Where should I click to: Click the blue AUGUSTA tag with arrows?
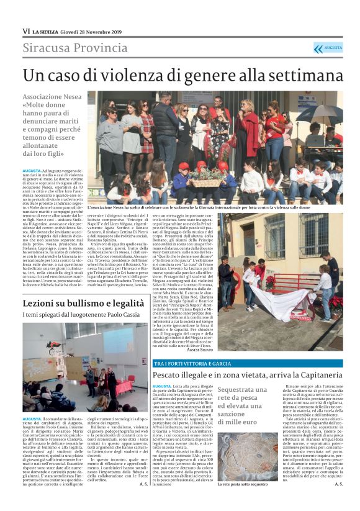[327, 48]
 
